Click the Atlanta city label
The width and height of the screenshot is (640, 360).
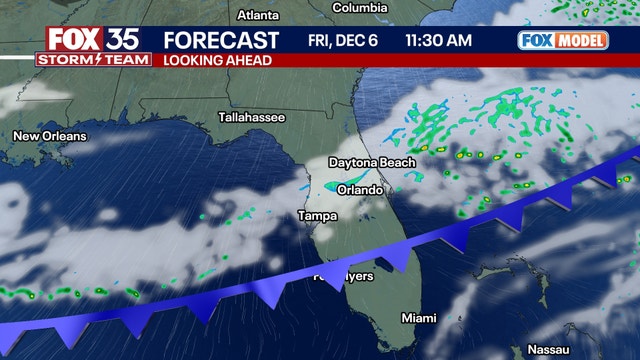pyautogui.click(x=259, y=15)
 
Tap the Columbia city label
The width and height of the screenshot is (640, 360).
pyautogui.click(x=360, y=8)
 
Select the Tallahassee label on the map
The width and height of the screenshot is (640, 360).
pyautogui.click(x=252, y=118)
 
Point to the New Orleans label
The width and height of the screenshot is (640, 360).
pyautogui.click(x=50, y=136)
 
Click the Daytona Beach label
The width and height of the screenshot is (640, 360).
pyautogui.click(x=373, y=163)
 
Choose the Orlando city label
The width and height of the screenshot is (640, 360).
pyautogui.click(x=360, y=190)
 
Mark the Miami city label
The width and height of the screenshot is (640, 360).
pyautogui.click(x=419, y=318)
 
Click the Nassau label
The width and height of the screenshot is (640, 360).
pyautogui.click(x=548, y=350)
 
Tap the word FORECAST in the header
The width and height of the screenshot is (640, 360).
pyautogui.click(x=221, y=41)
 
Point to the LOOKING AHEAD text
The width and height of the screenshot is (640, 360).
pyautogui.click(x=214, y=60)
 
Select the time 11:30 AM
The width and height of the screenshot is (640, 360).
pyautogui.click(x=439, y=41)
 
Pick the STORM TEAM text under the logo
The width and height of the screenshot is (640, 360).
pyautogui.click(x=94, y=60)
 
